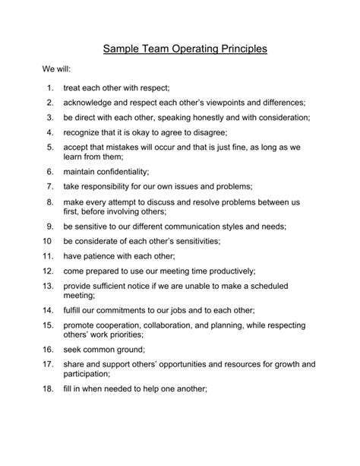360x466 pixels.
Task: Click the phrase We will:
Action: pos(55,69)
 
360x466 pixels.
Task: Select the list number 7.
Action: pos(49,187)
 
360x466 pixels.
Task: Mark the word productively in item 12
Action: pos(226,271)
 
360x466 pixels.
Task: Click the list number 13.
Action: pos(48,287)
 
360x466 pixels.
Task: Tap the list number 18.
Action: pos(48,389)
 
